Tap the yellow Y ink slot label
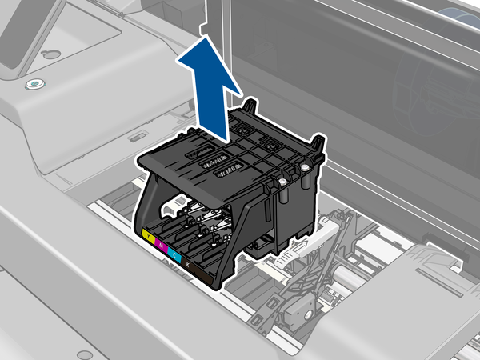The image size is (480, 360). click(x=146, y=237)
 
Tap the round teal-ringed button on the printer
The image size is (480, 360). click(x=33, y=83)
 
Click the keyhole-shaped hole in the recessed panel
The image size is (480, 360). click(x=50, y=54)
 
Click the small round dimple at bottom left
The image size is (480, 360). click(x=82, y=354)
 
